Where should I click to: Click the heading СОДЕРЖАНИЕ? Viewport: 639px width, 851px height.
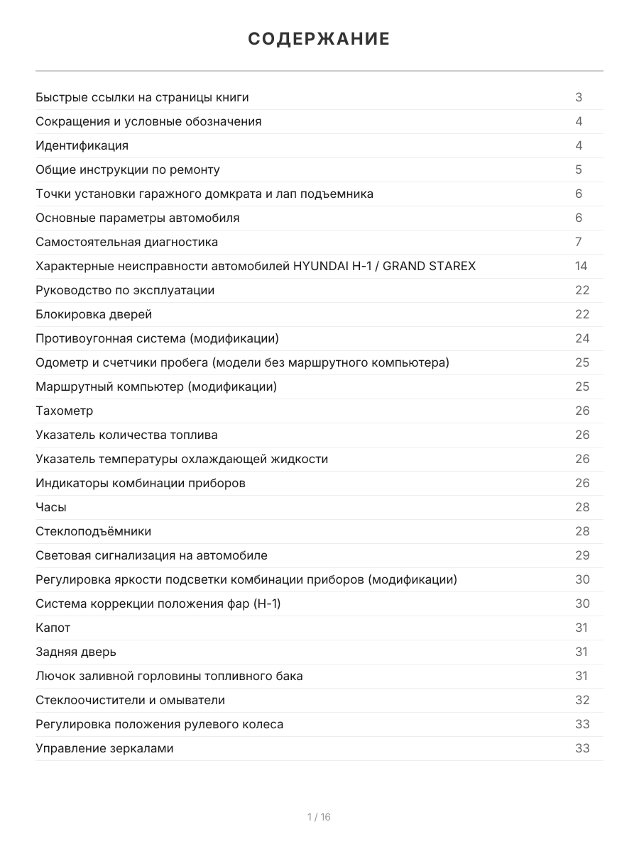[x=319, y=39]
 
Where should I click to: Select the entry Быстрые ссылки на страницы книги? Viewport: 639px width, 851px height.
[x=142, y=97]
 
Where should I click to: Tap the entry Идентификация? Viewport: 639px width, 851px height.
[x=82, y=145]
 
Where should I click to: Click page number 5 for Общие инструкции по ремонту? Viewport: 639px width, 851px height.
[x=579, y=169]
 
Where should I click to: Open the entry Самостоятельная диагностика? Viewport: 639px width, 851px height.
[x=126, y=242]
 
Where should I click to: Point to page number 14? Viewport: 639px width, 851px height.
[x=581, y=266]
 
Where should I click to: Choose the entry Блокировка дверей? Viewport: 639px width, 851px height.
[x=94, y=314]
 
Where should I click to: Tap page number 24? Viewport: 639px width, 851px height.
[x=582, y=338]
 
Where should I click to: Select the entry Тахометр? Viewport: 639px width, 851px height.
[x=64, y=411]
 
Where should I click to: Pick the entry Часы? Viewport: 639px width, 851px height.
[x=51, y=507]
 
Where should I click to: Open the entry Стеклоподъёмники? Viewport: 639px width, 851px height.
[x=93, y=531]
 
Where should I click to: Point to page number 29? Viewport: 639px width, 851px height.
[x=582, y=555]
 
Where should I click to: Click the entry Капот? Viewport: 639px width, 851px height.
[x=53, y=628]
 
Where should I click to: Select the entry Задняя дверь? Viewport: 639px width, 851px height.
[x=75, y=652]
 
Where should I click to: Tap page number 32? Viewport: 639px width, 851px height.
[x=582, y=700]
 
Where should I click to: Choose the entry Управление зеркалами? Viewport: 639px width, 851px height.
[x=104, y=748]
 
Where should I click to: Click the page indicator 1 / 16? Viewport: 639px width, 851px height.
[x=319, y=817]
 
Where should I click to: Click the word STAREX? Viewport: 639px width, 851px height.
[x=451, y=266]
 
